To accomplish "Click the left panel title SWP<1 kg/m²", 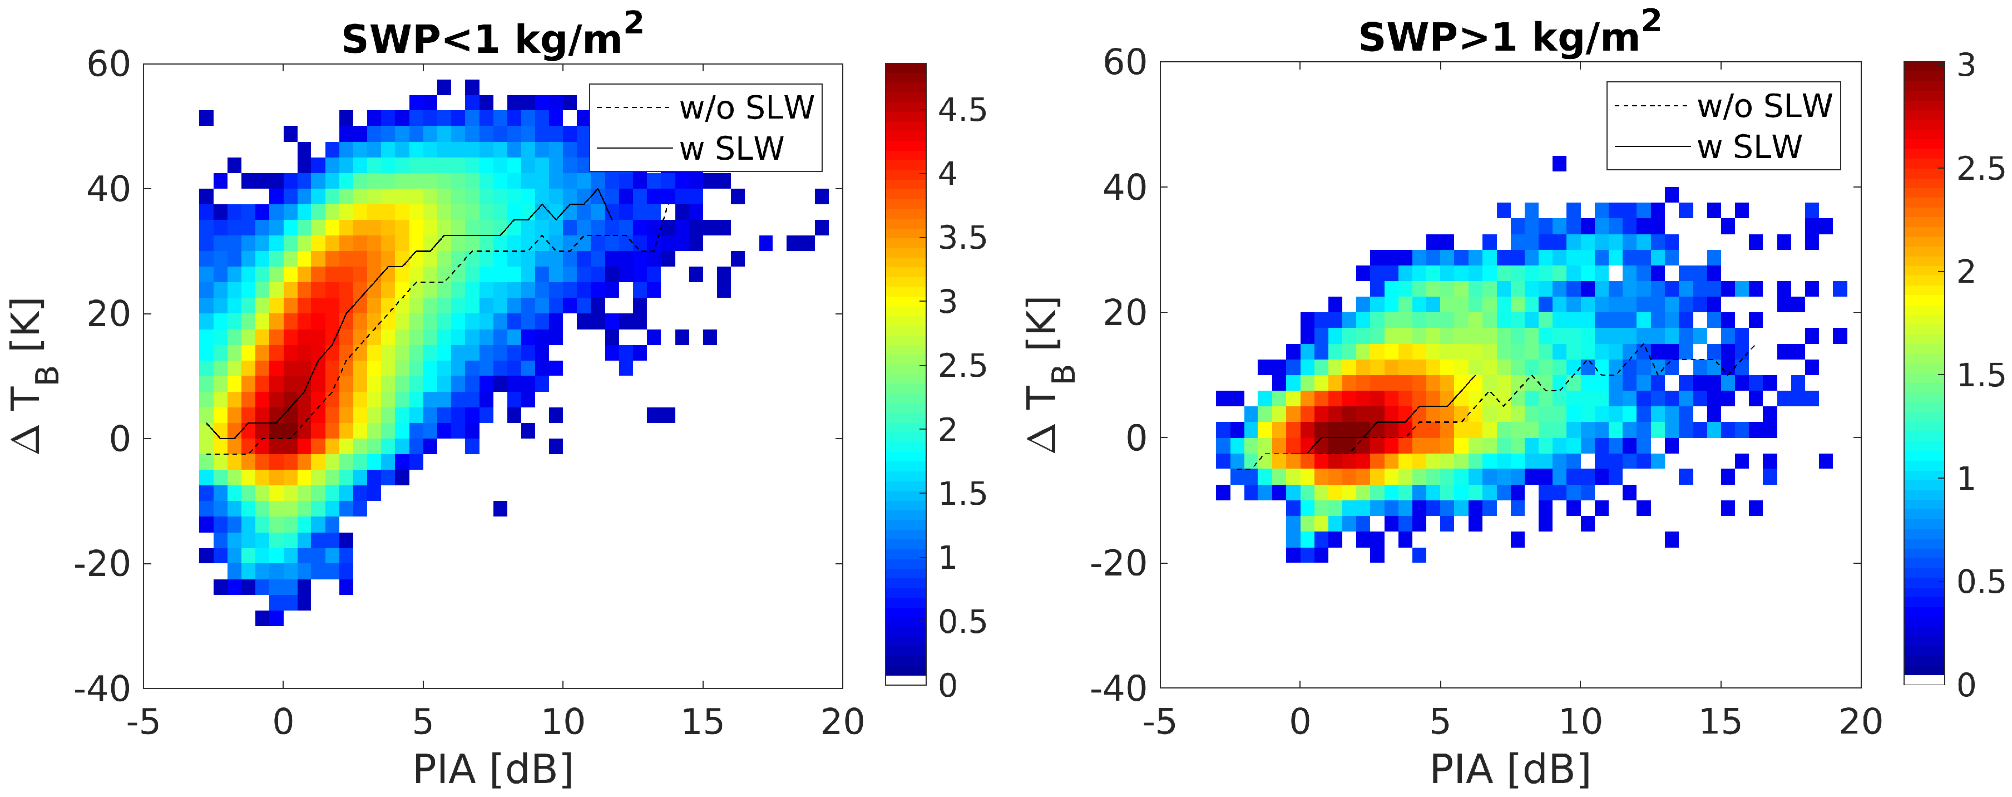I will [x=492, y=36].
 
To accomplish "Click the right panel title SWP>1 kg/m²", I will [x=1509, y=35].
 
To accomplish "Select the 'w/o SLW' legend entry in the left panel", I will [x=746, y=107].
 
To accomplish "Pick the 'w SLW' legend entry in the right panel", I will [x=1749, y=147].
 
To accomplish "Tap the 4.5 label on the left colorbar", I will [x=962, y=110].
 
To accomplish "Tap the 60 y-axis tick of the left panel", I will [x=108, y=64].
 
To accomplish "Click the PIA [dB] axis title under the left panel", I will [x=493, y=770].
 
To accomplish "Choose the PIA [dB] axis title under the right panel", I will [x=1510, y=770].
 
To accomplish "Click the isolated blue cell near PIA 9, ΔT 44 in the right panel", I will [x=1559, y=163].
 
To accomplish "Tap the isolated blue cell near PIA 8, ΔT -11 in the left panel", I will [x=501, y=509].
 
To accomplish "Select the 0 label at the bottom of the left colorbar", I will [x=947, y=685].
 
